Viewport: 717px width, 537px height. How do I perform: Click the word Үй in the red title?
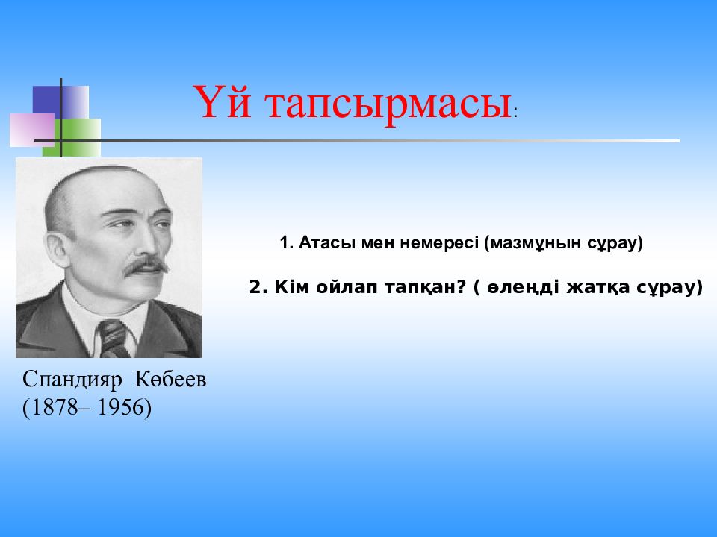click(x=222, y=101)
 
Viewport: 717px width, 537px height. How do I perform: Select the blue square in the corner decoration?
click(x=60, y=102)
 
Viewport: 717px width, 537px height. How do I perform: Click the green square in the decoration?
click(x=72, y=137)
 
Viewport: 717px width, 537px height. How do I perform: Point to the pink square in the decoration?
click(x=32, y=130)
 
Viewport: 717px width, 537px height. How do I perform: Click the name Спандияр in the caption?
click(x=72, y=380)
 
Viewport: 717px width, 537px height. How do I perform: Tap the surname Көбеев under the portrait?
click(x=170, y=379)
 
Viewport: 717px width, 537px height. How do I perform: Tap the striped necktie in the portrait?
click(x=114, y=339)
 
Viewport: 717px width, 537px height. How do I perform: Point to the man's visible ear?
click(x=58, y=250)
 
